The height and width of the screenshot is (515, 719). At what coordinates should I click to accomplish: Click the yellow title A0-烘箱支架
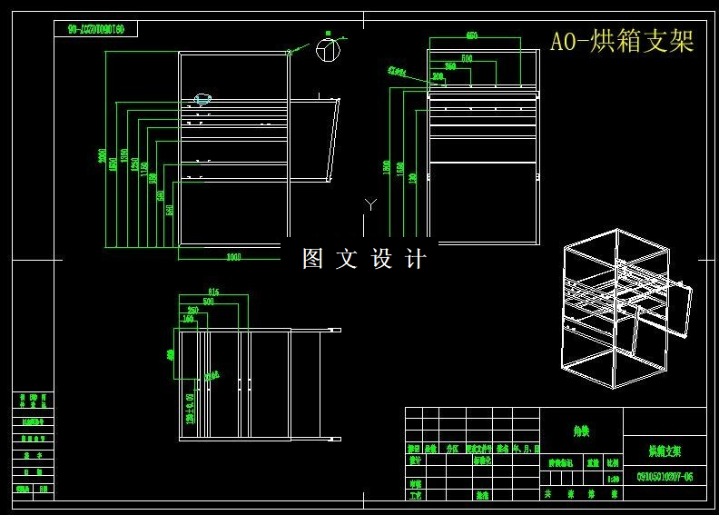(x=622, y=41)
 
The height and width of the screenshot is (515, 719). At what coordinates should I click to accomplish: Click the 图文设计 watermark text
(x=363, y=259)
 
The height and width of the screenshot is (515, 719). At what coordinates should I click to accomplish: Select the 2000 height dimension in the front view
(x=103, y=155)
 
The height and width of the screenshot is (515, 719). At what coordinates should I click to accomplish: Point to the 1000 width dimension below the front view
(x=233, y=257)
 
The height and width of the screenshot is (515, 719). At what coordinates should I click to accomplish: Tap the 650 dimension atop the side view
(x=472, y=36)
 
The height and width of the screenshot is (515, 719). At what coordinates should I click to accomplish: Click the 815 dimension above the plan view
(x=214, y=292)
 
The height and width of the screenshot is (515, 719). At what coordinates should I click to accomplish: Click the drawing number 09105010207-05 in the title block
(x=665, y=476)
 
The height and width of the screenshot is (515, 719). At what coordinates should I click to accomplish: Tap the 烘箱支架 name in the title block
(x=665, y=451)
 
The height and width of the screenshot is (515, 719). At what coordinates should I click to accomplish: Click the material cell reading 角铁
(x=581, y=432)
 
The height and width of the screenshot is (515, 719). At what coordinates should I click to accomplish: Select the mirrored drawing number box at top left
(x=101, y=29)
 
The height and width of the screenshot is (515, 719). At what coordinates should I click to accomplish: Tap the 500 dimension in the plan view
(x=208, y=301)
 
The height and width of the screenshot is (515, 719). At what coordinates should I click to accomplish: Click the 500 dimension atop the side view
(x=467, y=58)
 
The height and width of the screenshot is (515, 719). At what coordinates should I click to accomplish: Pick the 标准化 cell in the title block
(x=482, y=461)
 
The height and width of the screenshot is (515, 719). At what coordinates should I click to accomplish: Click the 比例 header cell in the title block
(x=613, y=462)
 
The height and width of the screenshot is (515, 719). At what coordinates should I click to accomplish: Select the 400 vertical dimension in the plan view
(x=170, y=354)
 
